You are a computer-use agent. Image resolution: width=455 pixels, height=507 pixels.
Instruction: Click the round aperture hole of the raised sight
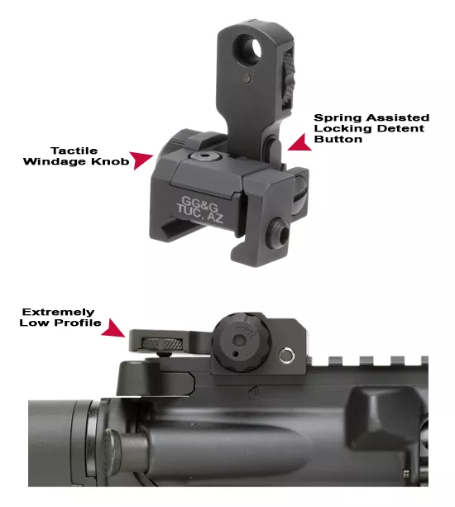coord(253,50)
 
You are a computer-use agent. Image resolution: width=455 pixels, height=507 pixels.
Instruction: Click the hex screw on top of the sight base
coord(204,157)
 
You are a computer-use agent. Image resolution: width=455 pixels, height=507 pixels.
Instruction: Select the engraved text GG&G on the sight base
coord(199,203)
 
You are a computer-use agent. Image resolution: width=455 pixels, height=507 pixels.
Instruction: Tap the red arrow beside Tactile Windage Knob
coord(141,160)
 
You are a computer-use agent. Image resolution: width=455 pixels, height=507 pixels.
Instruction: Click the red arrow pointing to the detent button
coord(299,142)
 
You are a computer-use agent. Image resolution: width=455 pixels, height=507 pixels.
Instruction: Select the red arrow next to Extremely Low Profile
coord(113,328)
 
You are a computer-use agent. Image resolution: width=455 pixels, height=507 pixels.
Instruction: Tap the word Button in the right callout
coord(338,139)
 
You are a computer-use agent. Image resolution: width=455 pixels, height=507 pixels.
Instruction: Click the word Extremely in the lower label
coord(59,313)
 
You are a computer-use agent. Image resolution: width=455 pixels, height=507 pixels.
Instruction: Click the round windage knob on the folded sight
coord(242,343)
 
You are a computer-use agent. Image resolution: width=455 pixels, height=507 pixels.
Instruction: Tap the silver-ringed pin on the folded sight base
coord(286,356)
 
